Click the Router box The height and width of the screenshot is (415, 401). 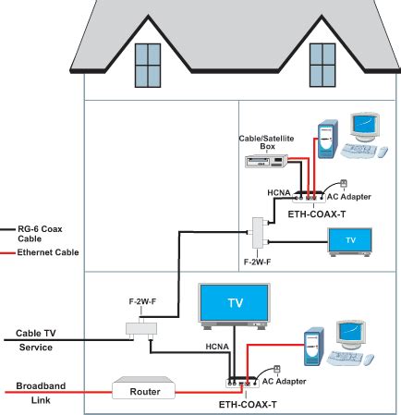(144, 388)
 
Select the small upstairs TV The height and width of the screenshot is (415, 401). (350, 242)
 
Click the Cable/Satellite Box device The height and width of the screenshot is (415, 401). (266, 161)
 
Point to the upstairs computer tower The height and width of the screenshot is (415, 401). (328, 140)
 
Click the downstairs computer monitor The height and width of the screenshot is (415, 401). (351, 335)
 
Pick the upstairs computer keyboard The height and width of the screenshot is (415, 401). (358, 150)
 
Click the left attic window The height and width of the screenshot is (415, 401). (148, 66)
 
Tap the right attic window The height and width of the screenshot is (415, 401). (322, 65)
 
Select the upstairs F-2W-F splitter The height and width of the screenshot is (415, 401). (258, 233)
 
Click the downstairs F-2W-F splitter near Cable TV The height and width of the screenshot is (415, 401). (141, 329)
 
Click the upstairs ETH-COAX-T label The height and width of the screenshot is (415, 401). (317, 214)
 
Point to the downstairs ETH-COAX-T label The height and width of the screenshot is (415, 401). (248, 404)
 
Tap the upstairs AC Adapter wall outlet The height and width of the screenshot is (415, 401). (344, 184)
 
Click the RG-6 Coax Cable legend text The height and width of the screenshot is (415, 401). (40, 234)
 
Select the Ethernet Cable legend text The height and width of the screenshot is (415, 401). (48, 252)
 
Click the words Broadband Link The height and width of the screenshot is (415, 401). (41, 393)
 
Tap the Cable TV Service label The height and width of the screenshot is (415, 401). (36, 340)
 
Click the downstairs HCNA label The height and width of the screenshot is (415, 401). (217, 347)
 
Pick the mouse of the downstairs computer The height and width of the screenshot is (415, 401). (369, 360)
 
